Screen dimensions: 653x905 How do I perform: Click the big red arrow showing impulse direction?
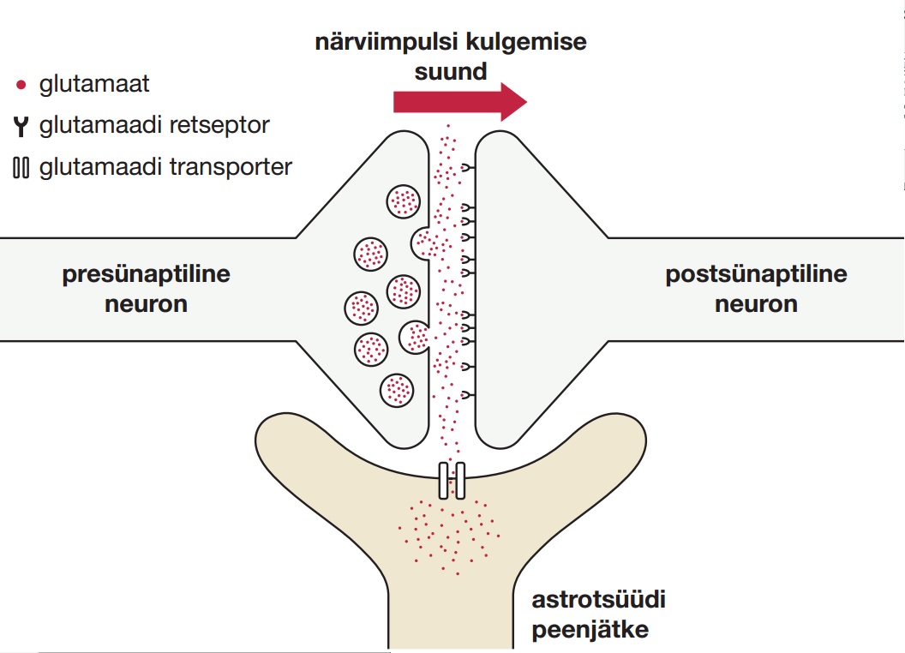coord(458,101)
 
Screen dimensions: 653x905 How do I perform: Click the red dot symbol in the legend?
coord(21,84)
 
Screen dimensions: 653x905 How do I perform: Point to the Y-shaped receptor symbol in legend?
coord(21,126)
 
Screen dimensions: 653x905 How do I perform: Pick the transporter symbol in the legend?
coord(21,167)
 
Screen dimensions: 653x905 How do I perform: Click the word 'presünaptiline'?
coord(146,275)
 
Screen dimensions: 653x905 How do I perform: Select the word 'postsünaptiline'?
coord(756,275)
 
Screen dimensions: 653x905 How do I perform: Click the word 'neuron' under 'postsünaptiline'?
coord(756,303)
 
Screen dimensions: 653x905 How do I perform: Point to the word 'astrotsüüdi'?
coord(598,599)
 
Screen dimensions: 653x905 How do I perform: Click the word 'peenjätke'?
coord(590,629)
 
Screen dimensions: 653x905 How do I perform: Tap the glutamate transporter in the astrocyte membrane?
coord(452,480)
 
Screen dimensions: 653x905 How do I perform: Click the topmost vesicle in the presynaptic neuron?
coord(402,202)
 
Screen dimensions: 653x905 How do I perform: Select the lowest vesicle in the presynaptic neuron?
coord(398,390)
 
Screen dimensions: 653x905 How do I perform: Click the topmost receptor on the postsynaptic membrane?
coord(468,169)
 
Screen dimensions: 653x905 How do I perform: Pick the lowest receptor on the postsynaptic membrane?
coord(468,394)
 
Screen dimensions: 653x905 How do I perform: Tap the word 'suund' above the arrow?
coord(451,71)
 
